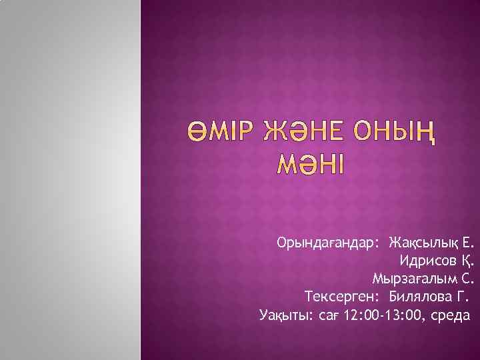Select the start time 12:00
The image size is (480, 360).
[x=357, y=314]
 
